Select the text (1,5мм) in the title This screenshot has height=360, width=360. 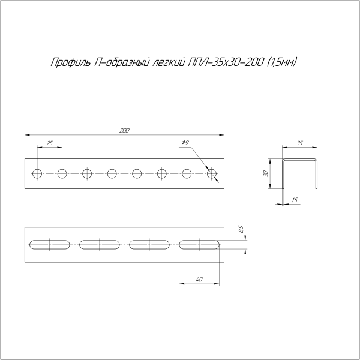(x=283, y=62)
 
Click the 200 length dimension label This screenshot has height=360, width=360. (x=124, y=130)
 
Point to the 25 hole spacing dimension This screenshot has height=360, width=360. (x=49, y=143)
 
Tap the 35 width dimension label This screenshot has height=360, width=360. (x=299, y=143)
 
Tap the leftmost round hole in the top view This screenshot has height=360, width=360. (x=37, y=174)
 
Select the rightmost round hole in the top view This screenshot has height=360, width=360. (x=211, y=174)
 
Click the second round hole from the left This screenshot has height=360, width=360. (x=62, y=174)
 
